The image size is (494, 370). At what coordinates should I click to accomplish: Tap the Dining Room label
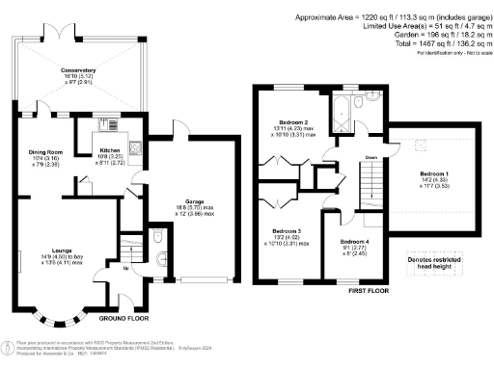(x=45, y=151)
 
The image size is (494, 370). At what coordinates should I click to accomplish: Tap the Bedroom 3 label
(x=287, y=231)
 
